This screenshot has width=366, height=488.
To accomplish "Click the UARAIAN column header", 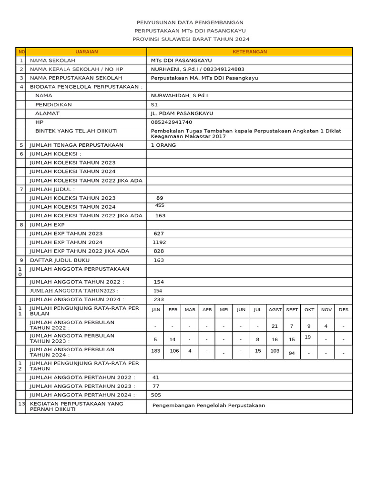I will coord(86,51).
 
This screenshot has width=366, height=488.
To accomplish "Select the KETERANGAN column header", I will coord(249,51).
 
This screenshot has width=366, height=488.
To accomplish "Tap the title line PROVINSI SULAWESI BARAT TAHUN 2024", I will coord(191,39).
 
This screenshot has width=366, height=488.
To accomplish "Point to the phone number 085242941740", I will coord(172,122).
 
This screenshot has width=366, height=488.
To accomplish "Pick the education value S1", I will coord(154,104).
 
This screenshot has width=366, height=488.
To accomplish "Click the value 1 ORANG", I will coord(163,145).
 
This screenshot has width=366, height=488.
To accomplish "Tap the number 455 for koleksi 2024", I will coord(160,205).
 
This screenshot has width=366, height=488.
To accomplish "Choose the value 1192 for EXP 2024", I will coord(159,242).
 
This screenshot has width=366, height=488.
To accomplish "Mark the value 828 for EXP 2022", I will coord(159,251).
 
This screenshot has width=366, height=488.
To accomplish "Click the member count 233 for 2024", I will coord(159,299).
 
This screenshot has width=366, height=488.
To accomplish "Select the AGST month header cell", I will coord(275,310).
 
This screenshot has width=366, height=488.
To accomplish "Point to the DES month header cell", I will coord(343,310).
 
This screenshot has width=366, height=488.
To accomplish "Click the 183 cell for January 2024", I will coord(156,351).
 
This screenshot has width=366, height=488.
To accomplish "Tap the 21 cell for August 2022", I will coord(274,326).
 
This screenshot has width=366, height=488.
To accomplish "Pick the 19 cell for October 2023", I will coord(308,337).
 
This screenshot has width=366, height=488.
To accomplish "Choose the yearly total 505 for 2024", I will coord(156,395).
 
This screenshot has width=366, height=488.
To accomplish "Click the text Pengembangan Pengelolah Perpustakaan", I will coord(209,406).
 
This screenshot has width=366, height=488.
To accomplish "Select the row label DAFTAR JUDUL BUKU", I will coord(60,260).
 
